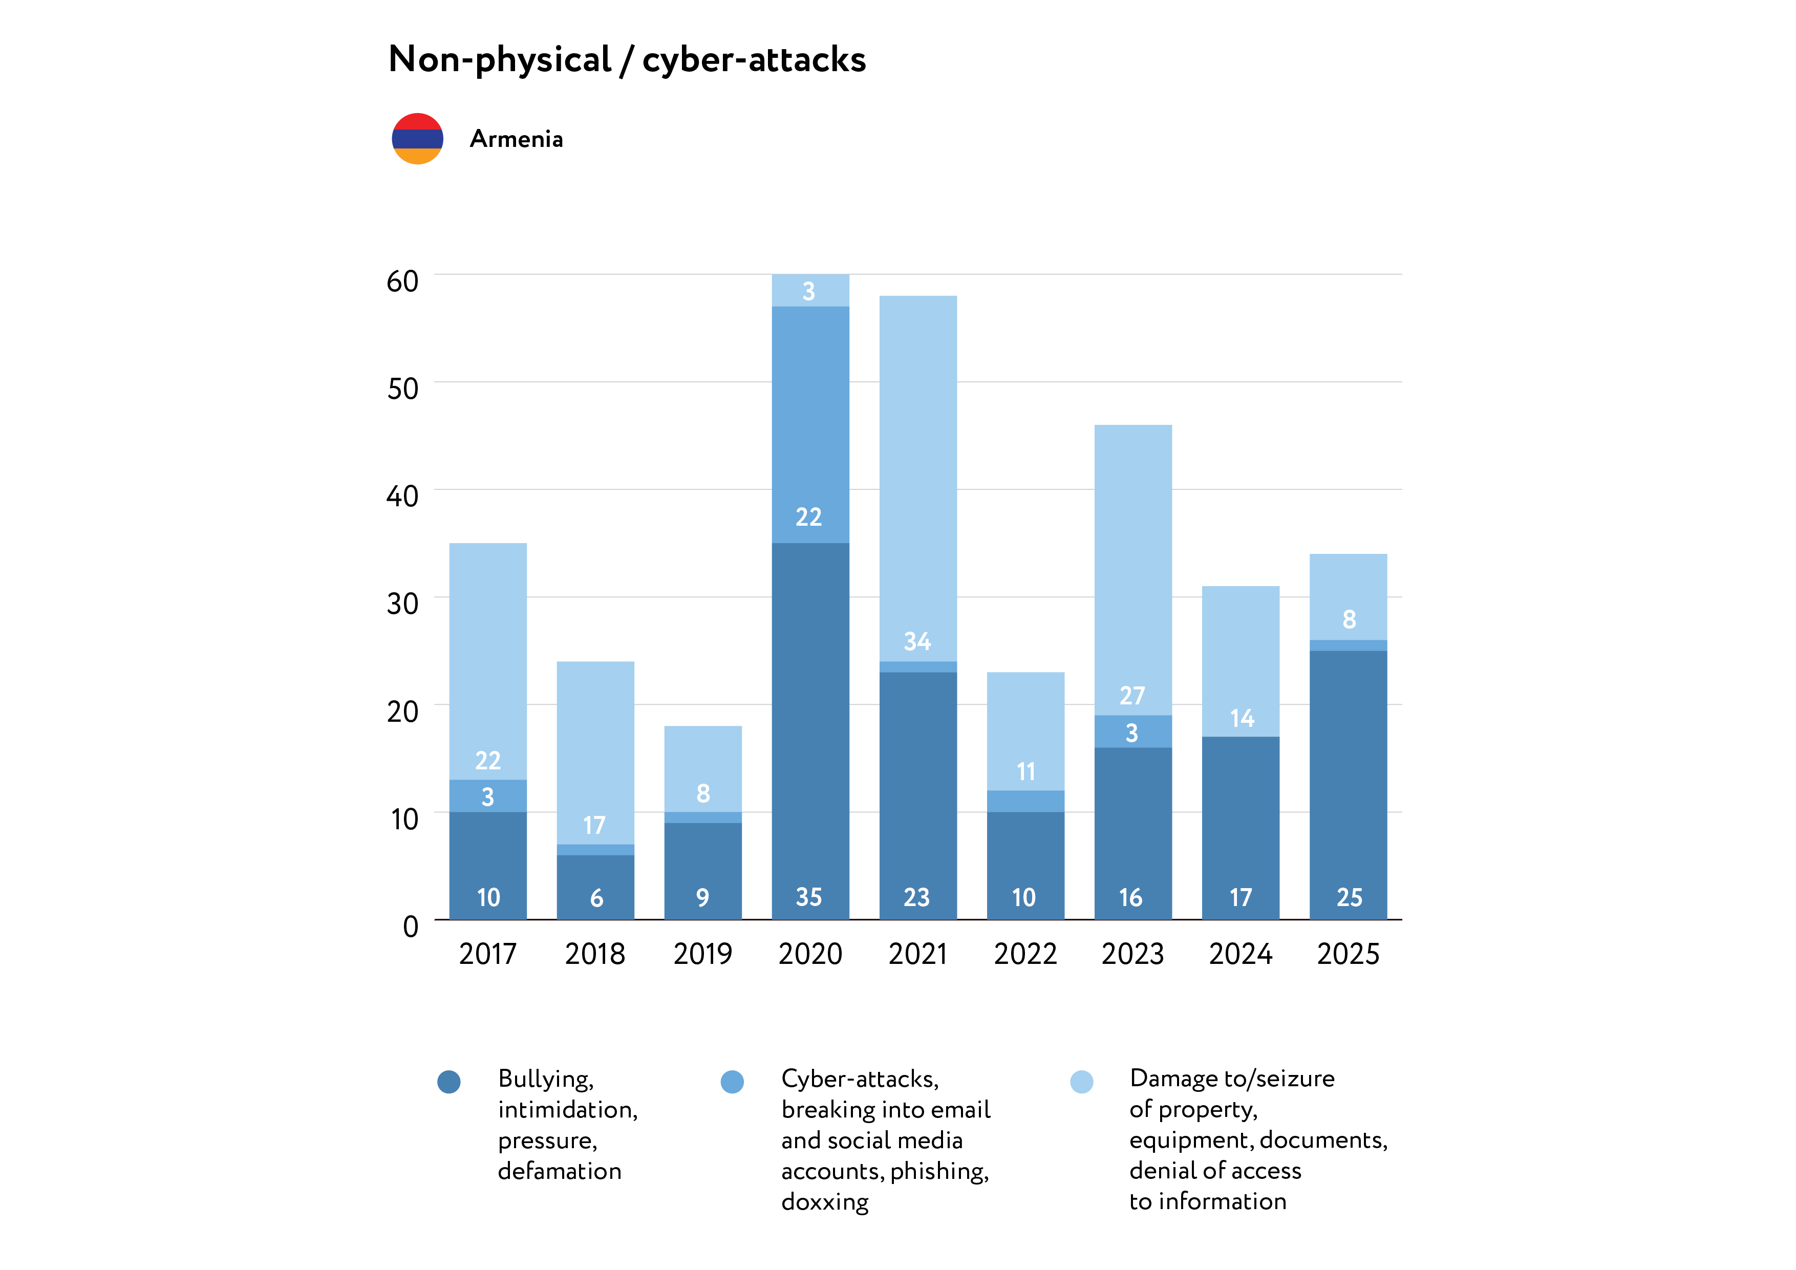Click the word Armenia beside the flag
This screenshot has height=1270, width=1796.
(x=516, y=139)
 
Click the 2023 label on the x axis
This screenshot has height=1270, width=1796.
(x=1132, y=954)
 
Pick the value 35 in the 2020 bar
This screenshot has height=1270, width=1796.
(x=809, y=897)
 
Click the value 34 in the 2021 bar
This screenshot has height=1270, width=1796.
(x=917, y=642)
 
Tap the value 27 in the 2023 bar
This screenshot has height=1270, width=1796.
(x=1132, y=695)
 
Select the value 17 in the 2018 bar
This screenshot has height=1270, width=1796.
(x=594, y=825)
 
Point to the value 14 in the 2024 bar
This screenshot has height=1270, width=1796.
(x=1242, y=718)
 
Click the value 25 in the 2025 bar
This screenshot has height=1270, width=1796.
(x=1349, y=897)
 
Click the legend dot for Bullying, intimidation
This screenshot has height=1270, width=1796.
(x=449, y=1082)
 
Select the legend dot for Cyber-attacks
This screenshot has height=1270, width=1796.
(x=732, y=1082)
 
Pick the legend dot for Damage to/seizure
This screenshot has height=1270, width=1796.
(x=1081, y=1082)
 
